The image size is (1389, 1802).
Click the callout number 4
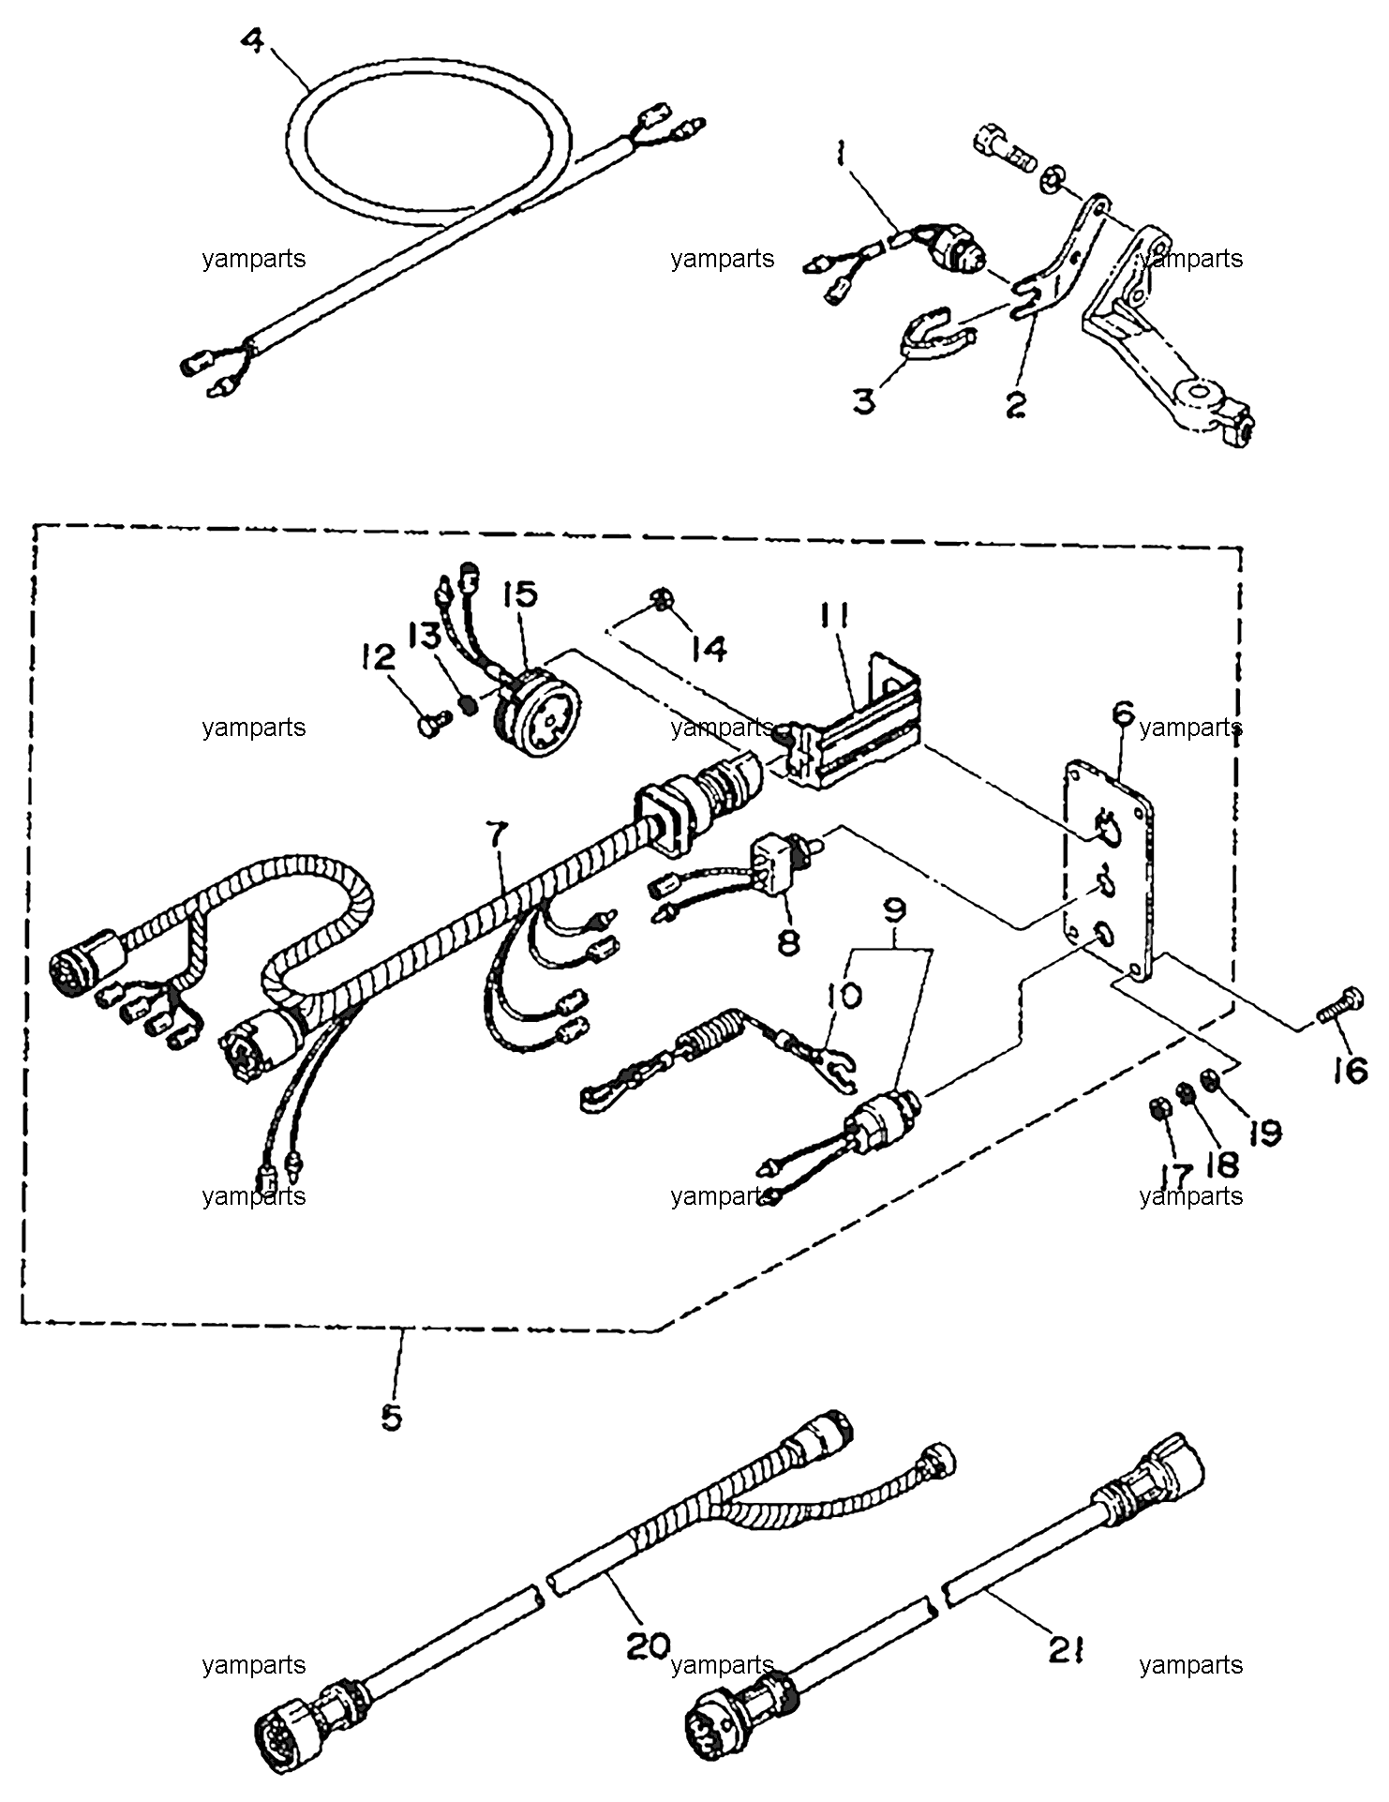(x=251, y=41)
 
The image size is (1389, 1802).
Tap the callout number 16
(x=1351, y=1070)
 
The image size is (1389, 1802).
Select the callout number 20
(x=649, y=1646)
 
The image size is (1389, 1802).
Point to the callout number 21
(x=1067, y=1649)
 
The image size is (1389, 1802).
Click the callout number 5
(x=391, y=1417)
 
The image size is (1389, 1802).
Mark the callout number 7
(x=497, y=833)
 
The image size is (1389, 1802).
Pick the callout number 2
(x=1016, y=405)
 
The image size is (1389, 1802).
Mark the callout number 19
(x=1264, y=1133)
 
